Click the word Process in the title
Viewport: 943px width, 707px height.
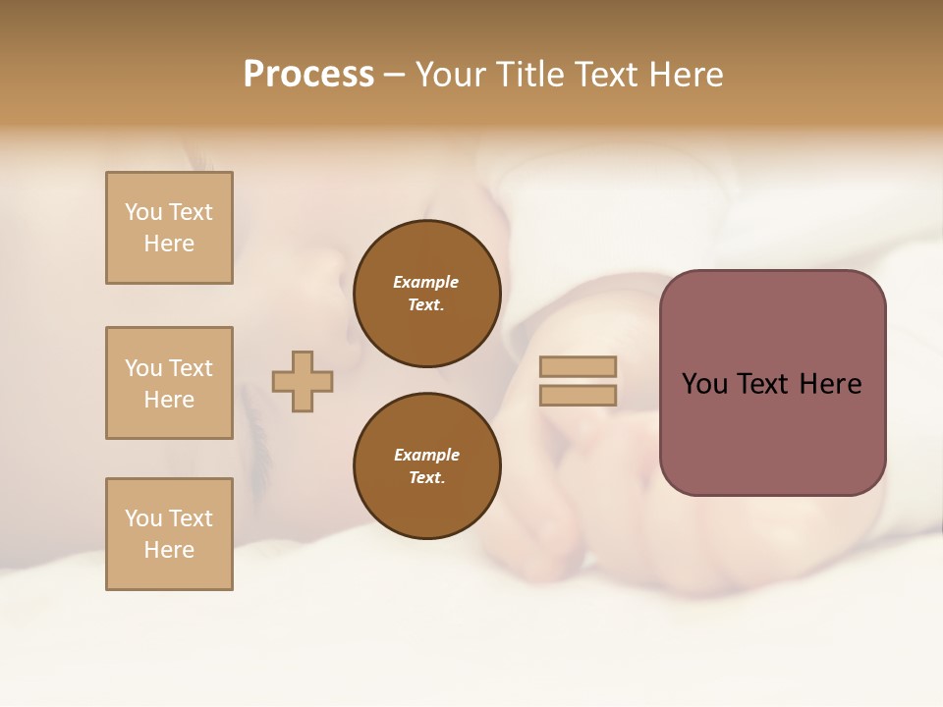click(x=308, y=75)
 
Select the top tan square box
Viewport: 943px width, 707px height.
click(x=169, y=228)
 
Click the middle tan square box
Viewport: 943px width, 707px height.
click(x=169, y=383)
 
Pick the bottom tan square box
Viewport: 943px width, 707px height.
click(x=169, y=534)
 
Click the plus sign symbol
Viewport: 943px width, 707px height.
click(x=303, y=381)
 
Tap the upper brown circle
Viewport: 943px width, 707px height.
click(x=426, y=294)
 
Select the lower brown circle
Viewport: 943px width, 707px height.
click(x=426, y=466)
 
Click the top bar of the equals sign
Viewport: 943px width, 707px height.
click(x=578, y=367)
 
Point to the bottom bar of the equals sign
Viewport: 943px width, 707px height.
click(x=578, y=395)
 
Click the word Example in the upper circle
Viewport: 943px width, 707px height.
click(x=425, y=283)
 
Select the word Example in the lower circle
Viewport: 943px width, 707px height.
click(x=426, y=456)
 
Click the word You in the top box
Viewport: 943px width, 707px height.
click(x=143, y=212)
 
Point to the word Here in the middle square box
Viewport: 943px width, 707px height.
click(x=169, y=400)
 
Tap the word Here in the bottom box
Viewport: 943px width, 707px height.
click(x=169, y=550)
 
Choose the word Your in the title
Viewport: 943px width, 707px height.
click(x=450, y=75)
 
